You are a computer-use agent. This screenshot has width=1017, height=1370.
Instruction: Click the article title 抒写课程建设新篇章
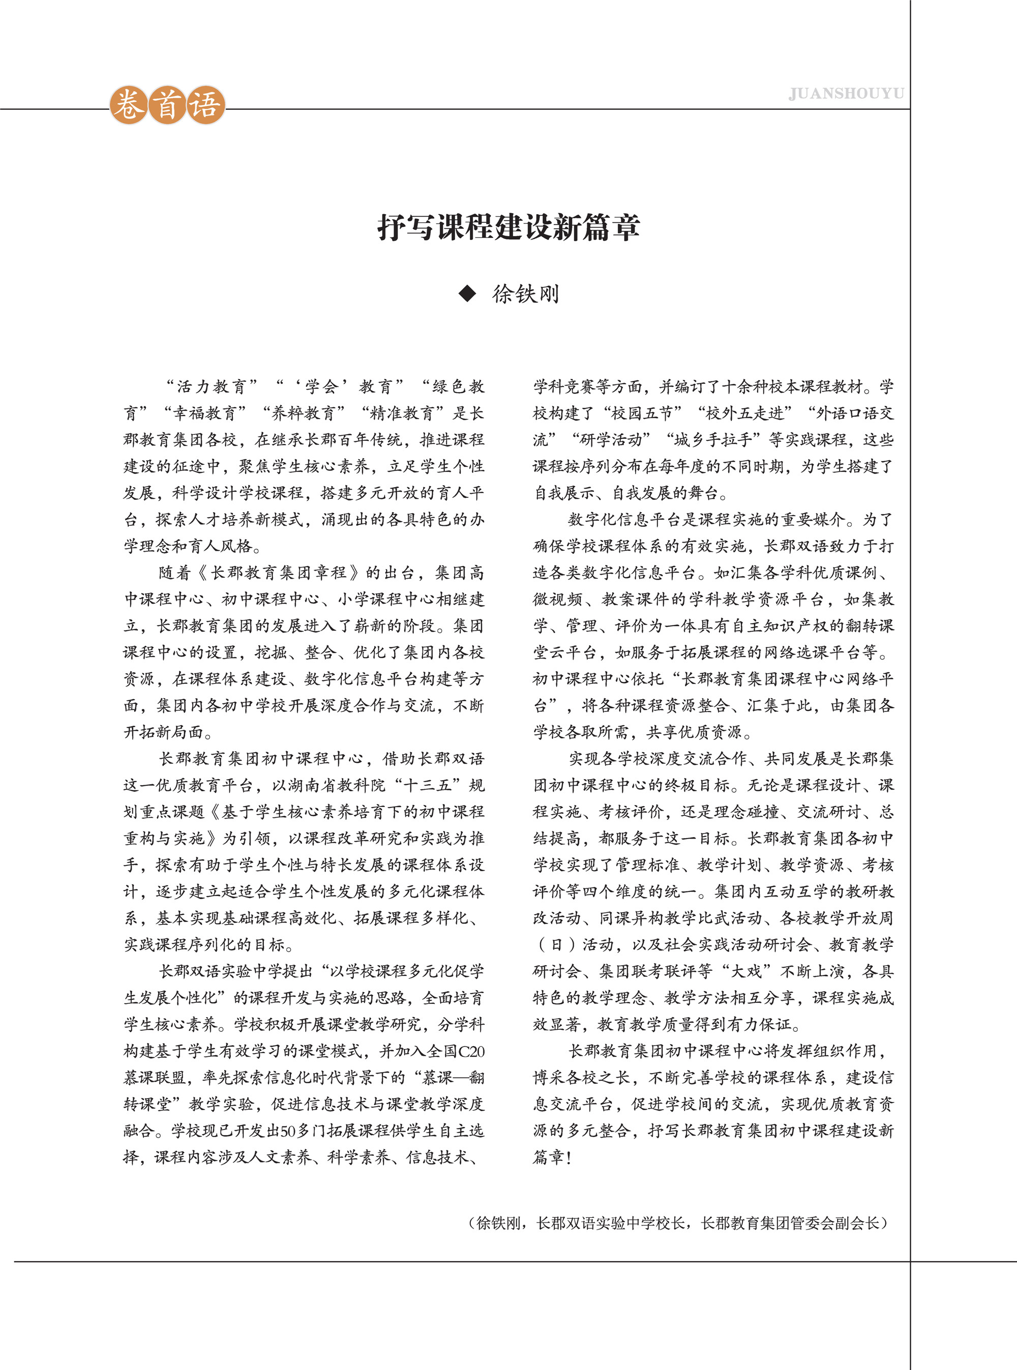508,227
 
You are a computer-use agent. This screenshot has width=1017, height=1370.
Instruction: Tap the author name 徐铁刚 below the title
526,294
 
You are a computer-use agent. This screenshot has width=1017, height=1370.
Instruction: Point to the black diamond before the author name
468,294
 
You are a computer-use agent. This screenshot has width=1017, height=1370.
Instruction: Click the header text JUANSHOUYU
846,94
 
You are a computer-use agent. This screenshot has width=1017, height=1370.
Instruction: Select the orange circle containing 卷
129,105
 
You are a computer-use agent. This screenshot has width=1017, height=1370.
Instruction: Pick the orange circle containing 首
167,105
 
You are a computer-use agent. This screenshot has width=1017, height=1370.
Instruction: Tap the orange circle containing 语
205,105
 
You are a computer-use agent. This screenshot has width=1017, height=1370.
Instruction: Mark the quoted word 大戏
745,972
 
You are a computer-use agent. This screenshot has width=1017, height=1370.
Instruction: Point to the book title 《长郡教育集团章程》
278,573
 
